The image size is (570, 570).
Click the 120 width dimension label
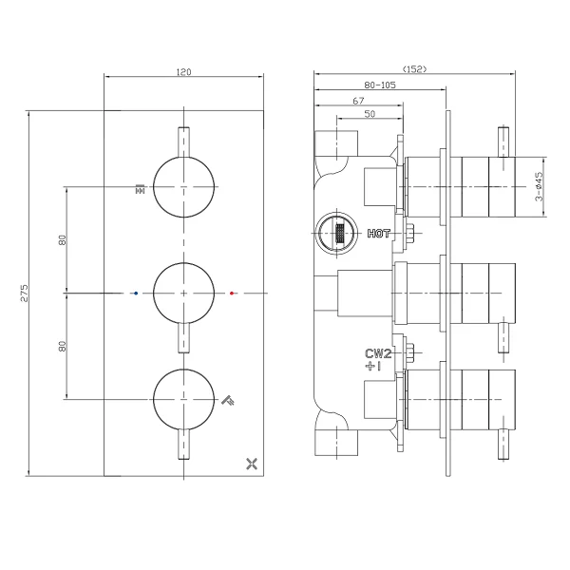tap(183, 72)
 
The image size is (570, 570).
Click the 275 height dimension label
tap(24, 293)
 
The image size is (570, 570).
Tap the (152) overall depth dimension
tap(414, 68)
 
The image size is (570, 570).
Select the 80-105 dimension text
tap(380, 85)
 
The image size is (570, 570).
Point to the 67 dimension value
tap(358, 101)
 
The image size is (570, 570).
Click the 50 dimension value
tap(370, 114)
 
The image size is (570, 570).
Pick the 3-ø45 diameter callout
tap(539, 186)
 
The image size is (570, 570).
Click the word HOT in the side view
tap(378, 234)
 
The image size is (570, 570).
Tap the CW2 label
tap(378, 353)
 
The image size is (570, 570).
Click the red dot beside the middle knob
tap(232, 293)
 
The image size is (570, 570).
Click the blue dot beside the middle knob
tap(136, 293)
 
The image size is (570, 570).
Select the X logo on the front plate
tap(252, 464)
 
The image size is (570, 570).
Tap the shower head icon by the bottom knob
tap(228, 400)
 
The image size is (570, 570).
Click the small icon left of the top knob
tap(140, 189)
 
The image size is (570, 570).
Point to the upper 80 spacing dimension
tap(63, 240)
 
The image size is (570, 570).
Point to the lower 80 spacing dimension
tap(63, 346)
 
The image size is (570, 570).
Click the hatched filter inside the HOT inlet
tap(339, 233)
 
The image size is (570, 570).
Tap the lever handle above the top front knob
tap(184, 142)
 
